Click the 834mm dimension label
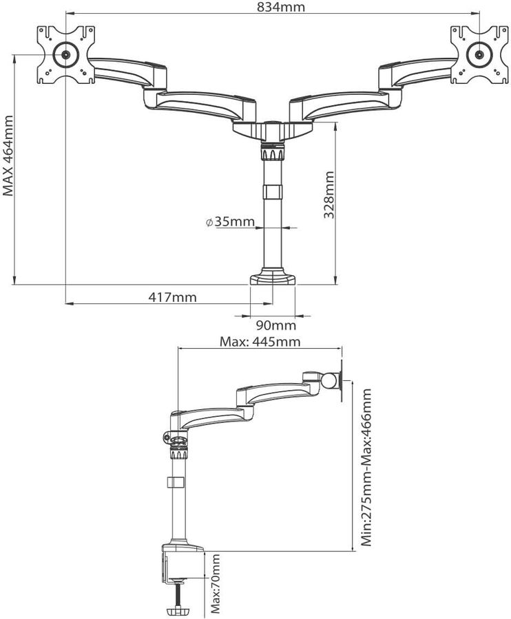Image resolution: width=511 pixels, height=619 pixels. pos(272,7)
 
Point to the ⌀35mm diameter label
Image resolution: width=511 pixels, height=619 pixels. pos(230,222)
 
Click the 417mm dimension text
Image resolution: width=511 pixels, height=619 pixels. pos(172,297)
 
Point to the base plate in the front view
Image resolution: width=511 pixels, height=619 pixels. pos(273,278)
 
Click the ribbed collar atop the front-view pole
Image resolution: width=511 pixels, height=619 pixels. pos(273,153)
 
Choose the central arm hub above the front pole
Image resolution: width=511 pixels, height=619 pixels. pos(273,129)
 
